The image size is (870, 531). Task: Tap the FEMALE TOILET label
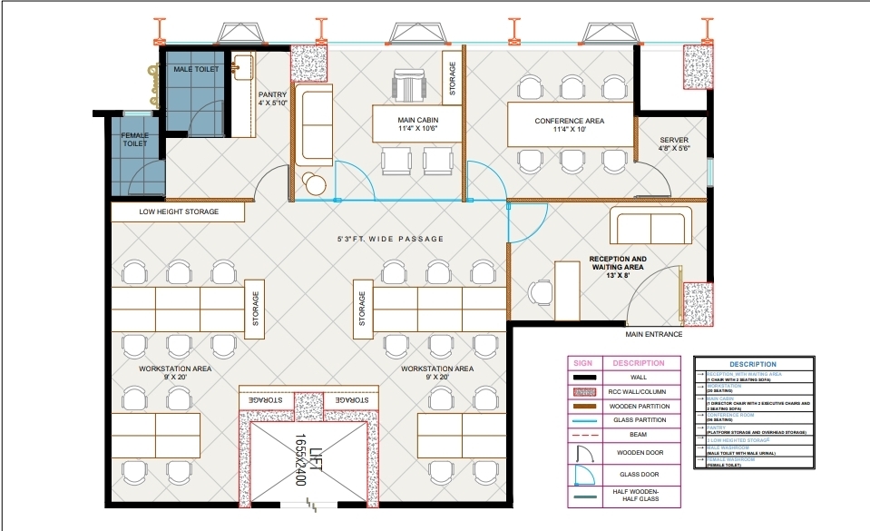(135, 139)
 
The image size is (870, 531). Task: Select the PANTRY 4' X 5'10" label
(272, 98)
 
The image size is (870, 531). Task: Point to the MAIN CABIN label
(417, 124)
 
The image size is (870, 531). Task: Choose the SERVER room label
(674, 143)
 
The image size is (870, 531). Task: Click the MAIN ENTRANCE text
(653, 335)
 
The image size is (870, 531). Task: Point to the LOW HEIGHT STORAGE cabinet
(179, 212)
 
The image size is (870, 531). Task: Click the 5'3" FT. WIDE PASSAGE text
(391, 239)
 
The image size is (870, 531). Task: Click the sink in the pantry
(242, 67)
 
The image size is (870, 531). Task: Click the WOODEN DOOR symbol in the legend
(581, 451)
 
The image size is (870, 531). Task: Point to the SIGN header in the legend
(581, 363)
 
